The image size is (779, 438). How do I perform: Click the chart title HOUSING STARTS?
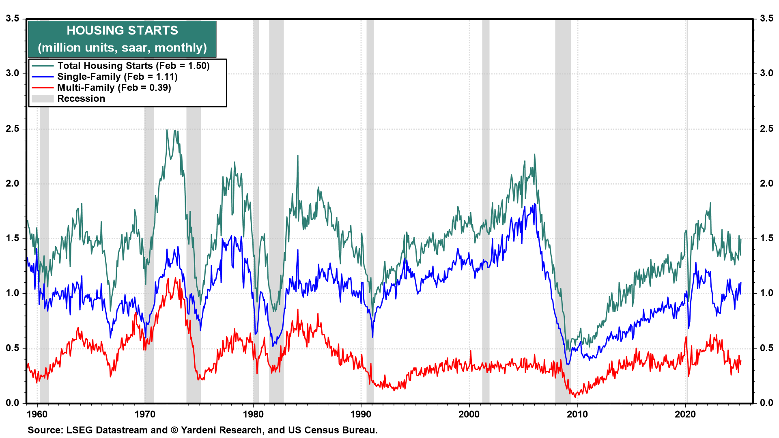[x=122, y=30]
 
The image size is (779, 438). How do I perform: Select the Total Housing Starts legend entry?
[x=133, y=66]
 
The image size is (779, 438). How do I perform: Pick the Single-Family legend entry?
[x=117, y=77]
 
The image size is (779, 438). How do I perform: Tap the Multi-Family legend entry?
[x=114, y=88]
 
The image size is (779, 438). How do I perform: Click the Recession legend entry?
[x=81, y=99]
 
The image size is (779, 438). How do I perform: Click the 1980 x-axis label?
[x=253, y=414]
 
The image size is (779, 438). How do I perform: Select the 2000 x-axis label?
[x=469, y=414]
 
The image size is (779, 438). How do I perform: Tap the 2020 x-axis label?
[x=685, y=414]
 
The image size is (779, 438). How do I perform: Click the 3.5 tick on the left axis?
[x=12, y=19]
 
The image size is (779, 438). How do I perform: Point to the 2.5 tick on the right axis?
[x=766, y=129]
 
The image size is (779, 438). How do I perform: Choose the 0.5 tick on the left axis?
[x=12, y=348]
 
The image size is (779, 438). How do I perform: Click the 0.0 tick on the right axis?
[x=766, y=403]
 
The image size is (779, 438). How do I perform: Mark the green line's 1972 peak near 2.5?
[x=167, y=130]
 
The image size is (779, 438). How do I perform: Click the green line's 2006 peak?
[x=534, y=155]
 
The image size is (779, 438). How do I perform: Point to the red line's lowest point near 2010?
[x=575, y=397]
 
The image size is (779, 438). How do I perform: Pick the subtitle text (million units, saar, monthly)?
[x=122, y=48]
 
